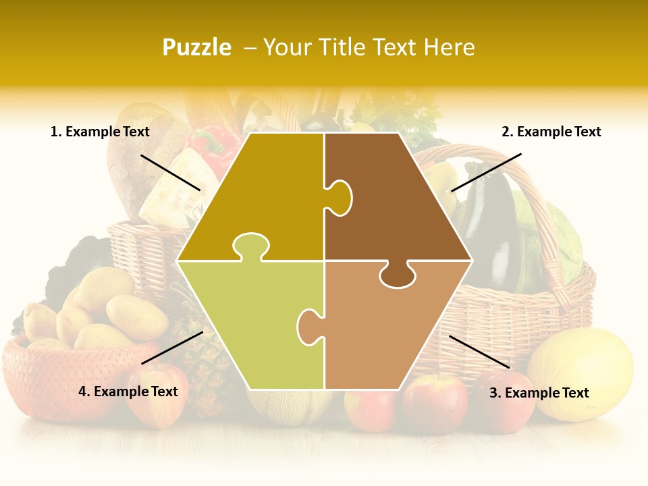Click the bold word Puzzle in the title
tap(196, 47)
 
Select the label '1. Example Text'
tap(100, 132)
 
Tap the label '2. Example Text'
tap(551, 132)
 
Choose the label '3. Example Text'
tap(539, 393)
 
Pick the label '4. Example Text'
tap(128, 391)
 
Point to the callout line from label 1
tap(170, 172)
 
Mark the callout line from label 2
tap(486, 172)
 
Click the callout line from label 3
tap(479, 352)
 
